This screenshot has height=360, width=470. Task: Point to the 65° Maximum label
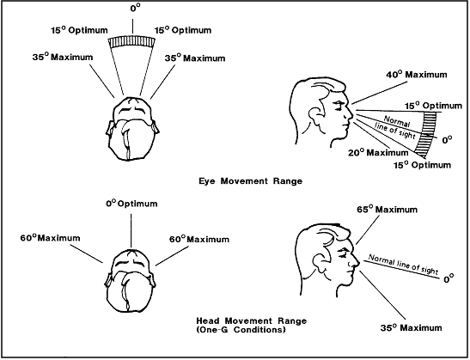(389, 210)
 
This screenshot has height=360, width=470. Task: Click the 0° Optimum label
(131, 203)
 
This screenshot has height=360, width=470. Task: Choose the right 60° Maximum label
(192, 238)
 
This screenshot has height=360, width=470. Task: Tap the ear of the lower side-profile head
(306, 253)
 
